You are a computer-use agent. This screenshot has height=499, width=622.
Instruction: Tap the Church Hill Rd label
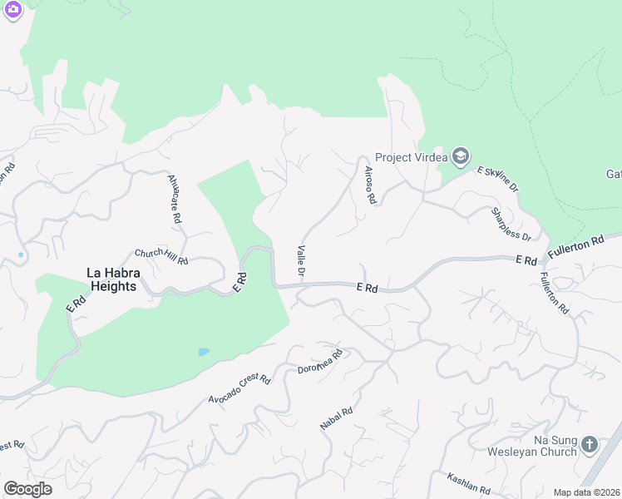click(161, 257)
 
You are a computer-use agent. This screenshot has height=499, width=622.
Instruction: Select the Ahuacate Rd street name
click(175, 198)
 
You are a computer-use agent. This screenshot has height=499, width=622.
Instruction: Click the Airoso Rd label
click(370, 185)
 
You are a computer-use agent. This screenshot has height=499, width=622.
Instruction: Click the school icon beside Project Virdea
click(461, 156)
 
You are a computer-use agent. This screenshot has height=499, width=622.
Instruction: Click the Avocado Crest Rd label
click(239, 390)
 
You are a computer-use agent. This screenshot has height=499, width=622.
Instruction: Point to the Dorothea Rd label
click(320, 363)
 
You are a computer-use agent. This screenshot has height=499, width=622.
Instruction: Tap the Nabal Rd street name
click(337, 418)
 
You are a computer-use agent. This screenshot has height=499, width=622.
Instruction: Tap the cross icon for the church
click(590, 445)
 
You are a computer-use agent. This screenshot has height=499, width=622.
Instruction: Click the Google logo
click(27, 489)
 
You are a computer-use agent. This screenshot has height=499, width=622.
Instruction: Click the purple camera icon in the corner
click(12, 9)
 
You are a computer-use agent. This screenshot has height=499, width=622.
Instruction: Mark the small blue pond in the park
click(204, 352)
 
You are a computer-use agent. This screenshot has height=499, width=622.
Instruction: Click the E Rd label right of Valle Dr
click(367, 289)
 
